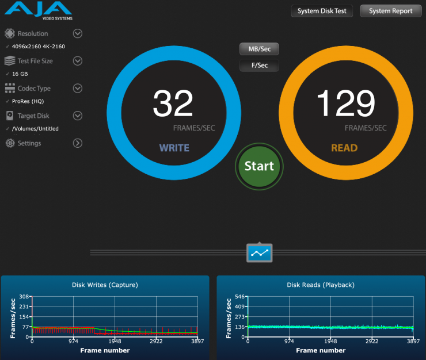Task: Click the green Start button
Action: pos(259,166)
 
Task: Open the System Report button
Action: pos(390,11)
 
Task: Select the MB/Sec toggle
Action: pos(259,49)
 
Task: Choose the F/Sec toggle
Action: pos(259,65)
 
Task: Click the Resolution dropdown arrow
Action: pos(78,33)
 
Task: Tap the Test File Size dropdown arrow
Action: pos(78,61)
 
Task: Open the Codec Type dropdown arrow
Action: pos(78,88)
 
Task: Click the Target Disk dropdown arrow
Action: pos(78,116)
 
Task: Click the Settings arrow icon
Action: pos(78,143)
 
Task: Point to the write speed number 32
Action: pos(173,104)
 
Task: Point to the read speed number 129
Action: pos(345,104)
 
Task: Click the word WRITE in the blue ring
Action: pos(174,148)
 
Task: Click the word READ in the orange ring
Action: pos(344,148)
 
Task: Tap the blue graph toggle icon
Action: pos(260,252)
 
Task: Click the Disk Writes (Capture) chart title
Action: pos(105,285)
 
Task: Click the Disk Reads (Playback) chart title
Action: pos(321,285)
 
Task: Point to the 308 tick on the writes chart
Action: pos(24,297)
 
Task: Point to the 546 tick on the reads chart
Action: pos(239,297)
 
